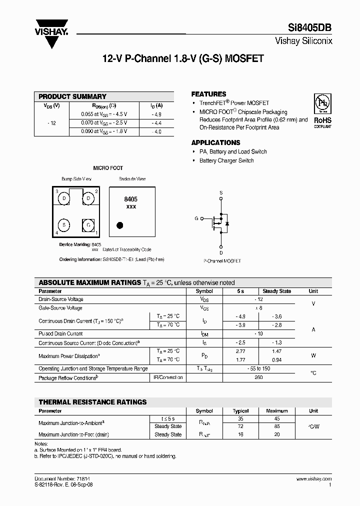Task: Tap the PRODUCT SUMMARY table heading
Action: coord(72,96)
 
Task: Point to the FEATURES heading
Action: coord(208,94)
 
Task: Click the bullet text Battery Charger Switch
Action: coord(226,160)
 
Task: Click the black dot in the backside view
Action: coord(119,225)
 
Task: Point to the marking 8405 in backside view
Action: coord(130,199)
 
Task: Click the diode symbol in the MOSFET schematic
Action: coord(227,223)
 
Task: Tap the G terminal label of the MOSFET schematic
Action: coord(196,218)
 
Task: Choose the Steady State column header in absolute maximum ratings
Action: coord(276,291)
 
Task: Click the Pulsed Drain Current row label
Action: coord(60,333)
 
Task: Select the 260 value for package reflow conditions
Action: coord(258,377)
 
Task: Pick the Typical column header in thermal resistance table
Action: coord(241,411)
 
